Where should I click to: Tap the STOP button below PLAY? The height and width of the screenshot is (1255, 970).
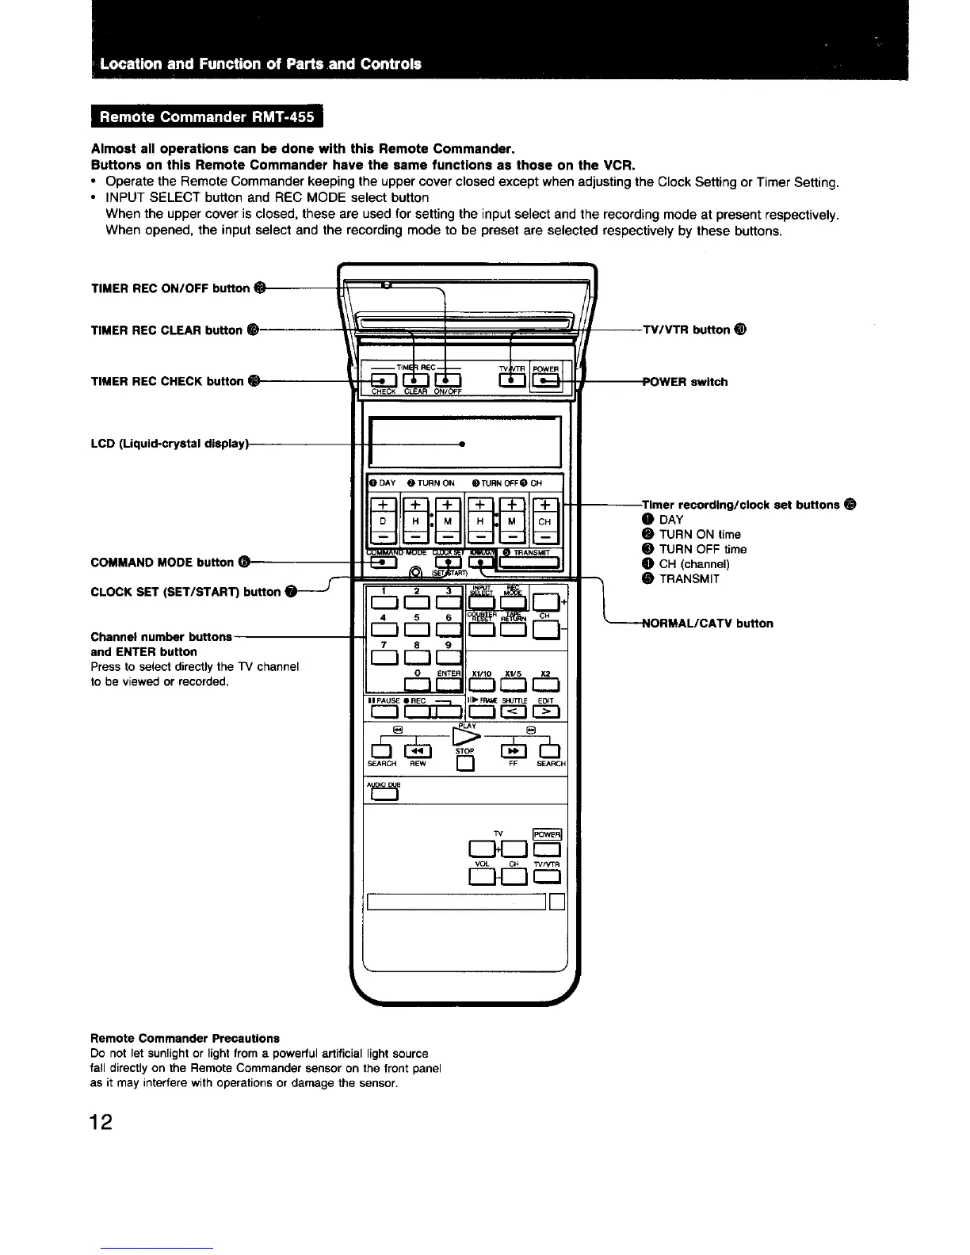tap(465, 764)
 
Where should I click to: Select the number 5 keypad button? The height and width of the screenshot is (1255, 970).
tap(416, 630)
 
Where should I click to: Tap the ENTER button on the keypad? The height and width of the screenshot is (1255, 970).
tap(449, 685)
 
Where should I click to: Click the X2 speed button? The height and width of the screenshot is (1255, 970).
tap(547, 685)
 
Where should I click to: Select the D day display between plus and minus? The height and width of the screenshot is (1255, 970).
tap(383, 521)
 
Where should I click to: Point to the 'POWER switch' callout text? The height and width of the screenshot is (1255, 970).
tap(684, 382)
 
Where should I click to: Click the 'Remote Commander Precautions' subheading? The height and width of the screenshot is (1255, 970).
tap(185, 1038)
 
